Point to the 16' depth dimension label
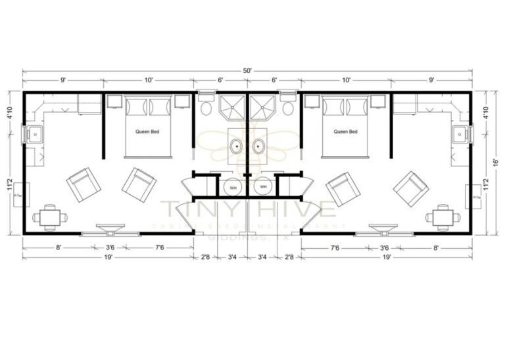tap(494, 161)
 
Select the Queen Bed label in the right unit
tap(345, 132)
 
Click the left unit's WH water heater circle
tap(232, 188)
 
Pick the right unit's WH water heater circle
tap(263, 188)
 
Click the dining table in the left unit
tap(50, 215)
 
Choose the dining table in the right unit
tap(443, 215)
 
